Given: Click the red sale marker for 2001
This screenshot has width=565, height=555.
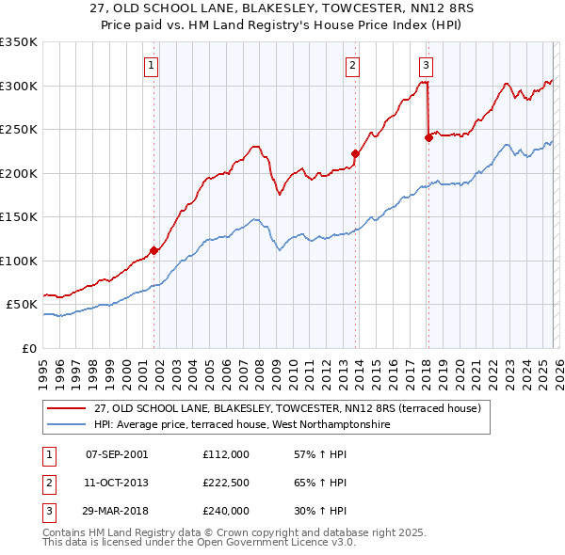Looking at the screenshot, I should tap(153, 250).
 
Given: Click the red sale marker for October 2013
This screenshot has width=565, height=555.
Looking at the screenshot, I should tap(355, 154).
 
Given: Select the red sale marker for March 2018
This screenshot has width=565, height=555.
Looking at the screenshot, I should tap(428, 137).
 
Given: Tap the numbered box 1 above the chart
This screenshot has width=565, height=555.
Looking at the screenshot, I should tap(152, 65).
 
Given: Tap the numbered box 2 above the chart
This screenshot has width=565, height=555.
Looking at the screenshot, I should tap(352, 65).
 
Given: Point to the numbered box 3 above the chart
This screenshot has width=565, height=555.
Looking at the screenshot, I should tap(426, 65).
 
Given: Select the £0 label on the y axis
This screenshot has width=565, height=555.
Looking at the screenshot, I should tap(29, 348).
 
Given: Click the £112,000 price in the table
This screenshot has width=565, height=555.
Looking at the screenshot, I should tap(226, 453).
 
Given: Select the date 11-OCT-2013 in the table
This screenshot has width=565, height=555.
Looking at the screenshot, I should tap(117, 483).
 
